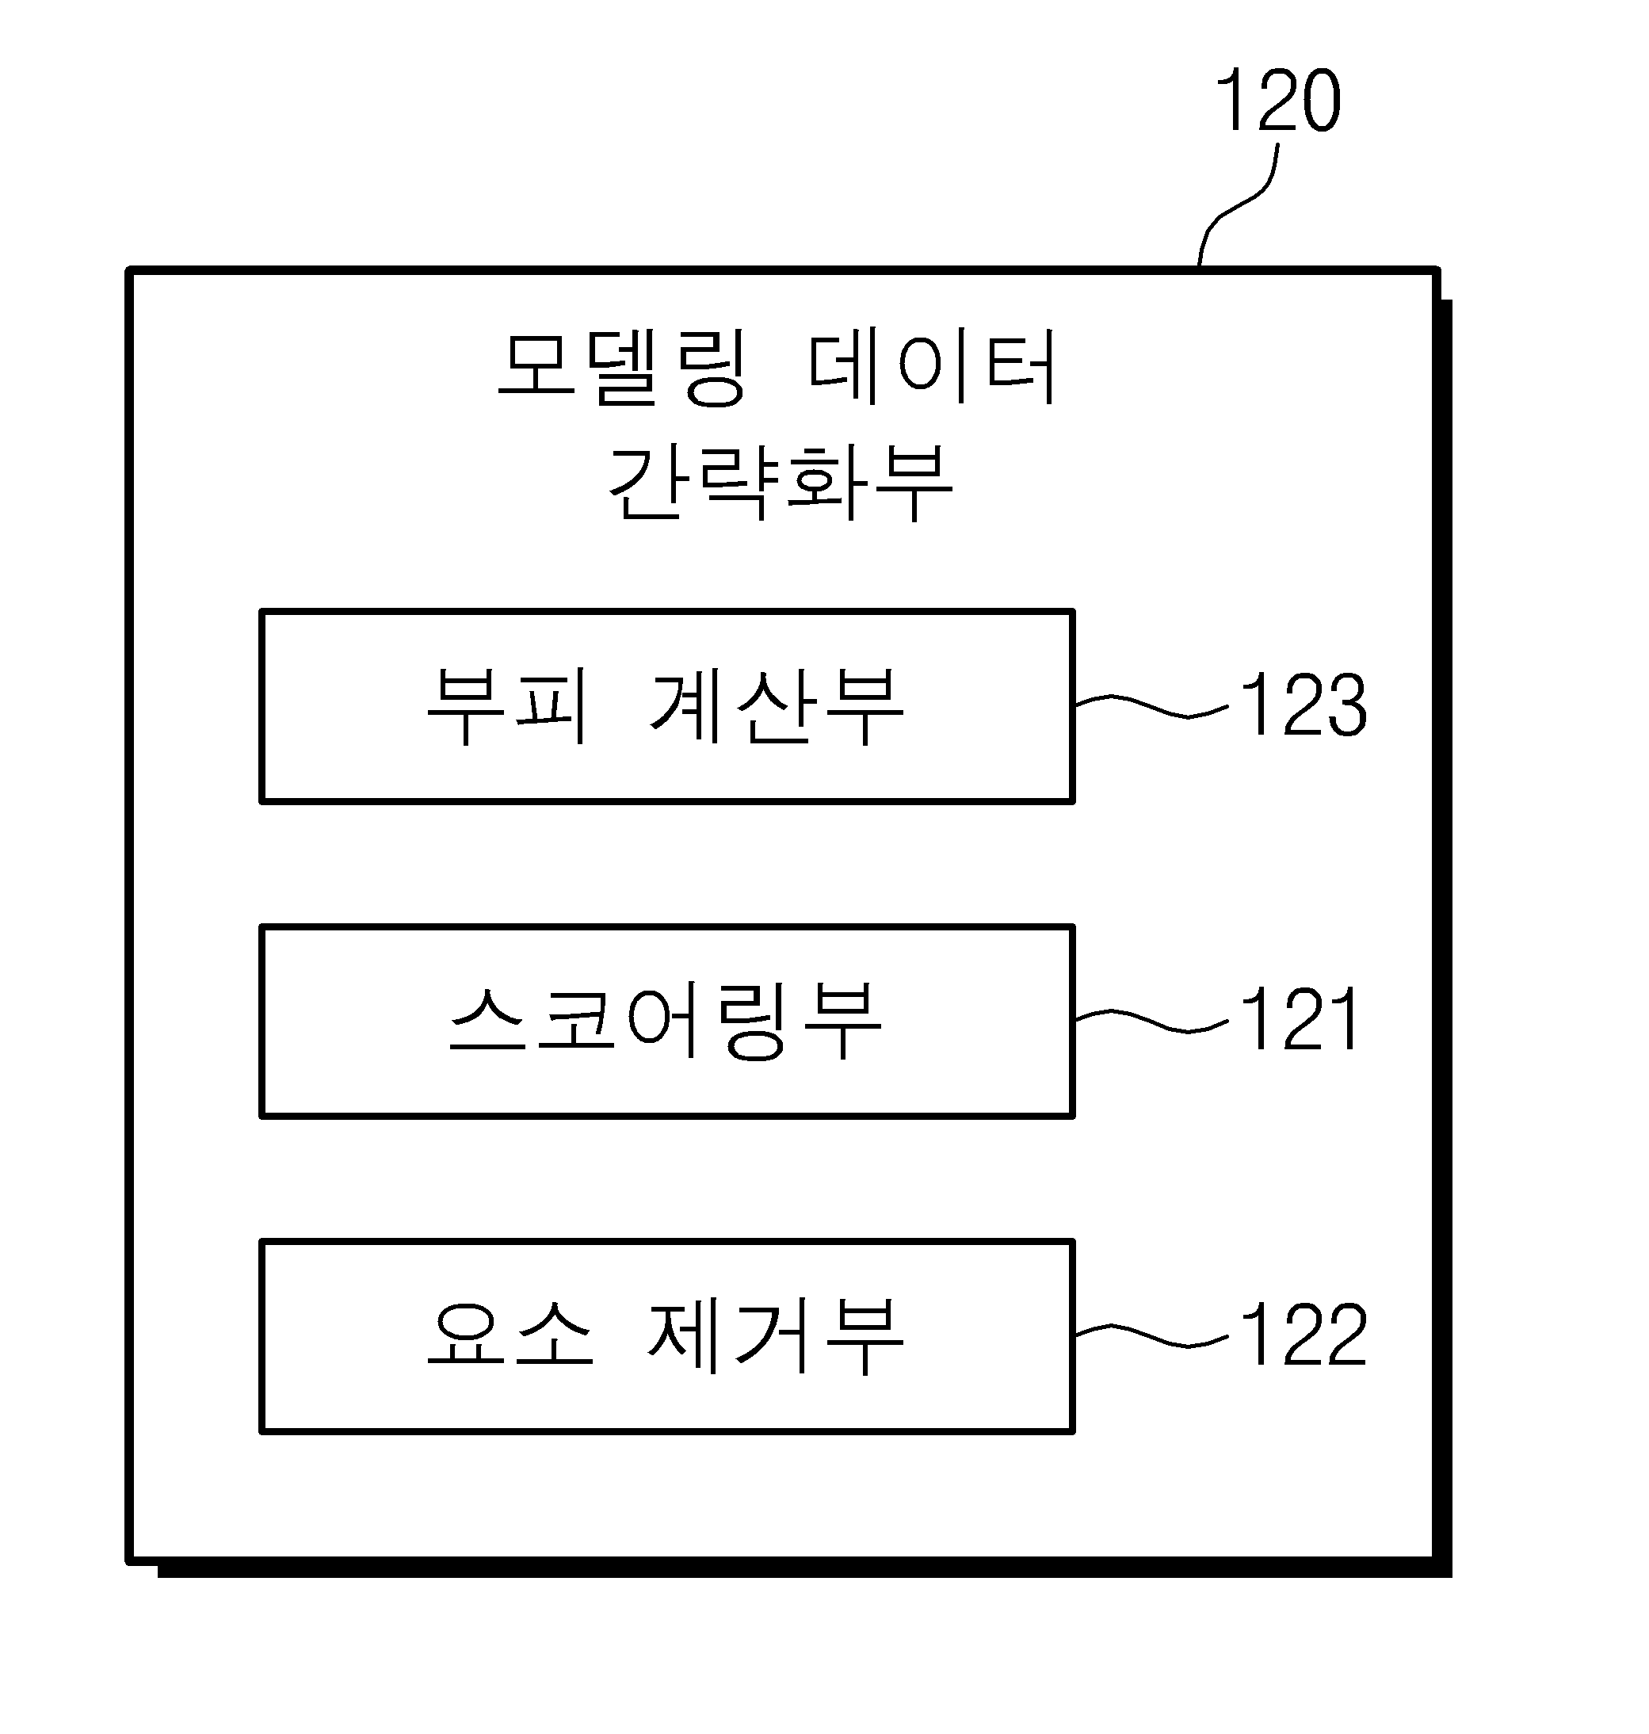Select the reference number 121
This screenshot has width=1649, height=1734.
click(x=1300, y=1019)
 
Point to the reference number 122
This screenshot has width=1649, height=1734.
click(x=1304, y=1334)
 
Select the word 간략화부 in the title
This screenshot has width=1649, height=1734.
click(x=781, y=481)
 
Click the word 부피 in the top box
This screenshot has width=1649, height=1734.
click(x=506, y=705)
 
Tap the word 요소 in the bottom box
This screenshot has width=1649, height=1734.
click(x=510, y=1334)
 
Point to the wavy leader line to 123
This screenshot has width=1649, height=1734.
click(x=1151, y=705)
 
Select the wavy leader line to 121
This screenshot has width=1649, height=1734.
click(x=1151, y=1020)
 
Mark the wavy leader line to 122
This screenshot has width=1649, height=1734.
click(x=1151, y=1335)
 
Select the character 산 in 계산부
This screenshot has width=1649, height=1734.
click(x=774, y=705)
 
